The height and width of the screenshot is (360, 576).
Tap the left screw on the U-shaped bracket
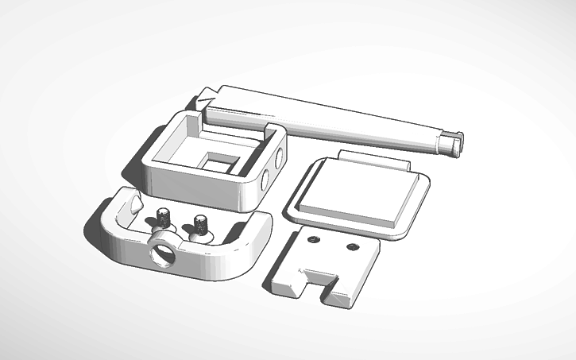pyautogui.click(x=164, y=215)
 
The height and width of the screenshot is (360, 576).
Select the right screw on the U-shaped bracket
pyautogui.click(x=199, y=223)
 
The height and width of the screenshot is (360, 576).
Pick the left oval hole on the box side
pyautogui.click(x=265, y=180)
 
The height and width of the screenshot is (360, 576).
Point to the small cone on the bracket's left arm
pyautogui.click(x=133, y=203)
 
